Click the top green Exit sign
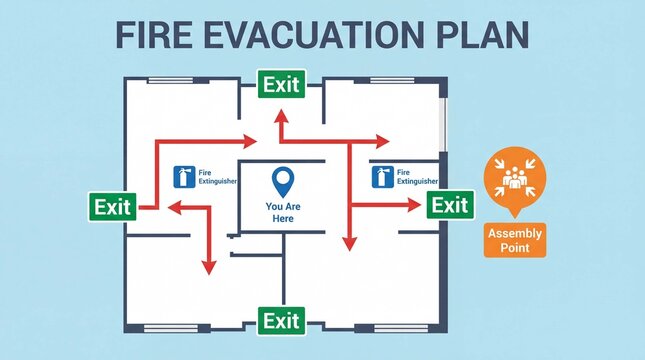pos(281,85)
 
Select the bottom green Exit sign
pos(281,321)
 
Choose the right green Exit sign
pos(449,206)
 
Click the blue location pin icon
pos(283,181)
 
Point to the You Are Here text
pos(283,212)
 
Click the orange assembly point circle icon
pos(515,178)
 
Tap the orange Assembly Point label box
pos(515,239)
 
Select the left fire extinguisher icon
pos(183,177)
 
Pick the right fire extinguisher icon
pos(381,177)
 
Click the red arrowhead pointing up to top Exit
pos(282,116)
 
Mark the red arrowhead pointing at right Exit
pos(414,206)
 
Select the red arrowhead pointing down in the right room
pos(349,243)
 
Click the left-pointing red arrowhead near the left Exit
pos(172,207)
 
